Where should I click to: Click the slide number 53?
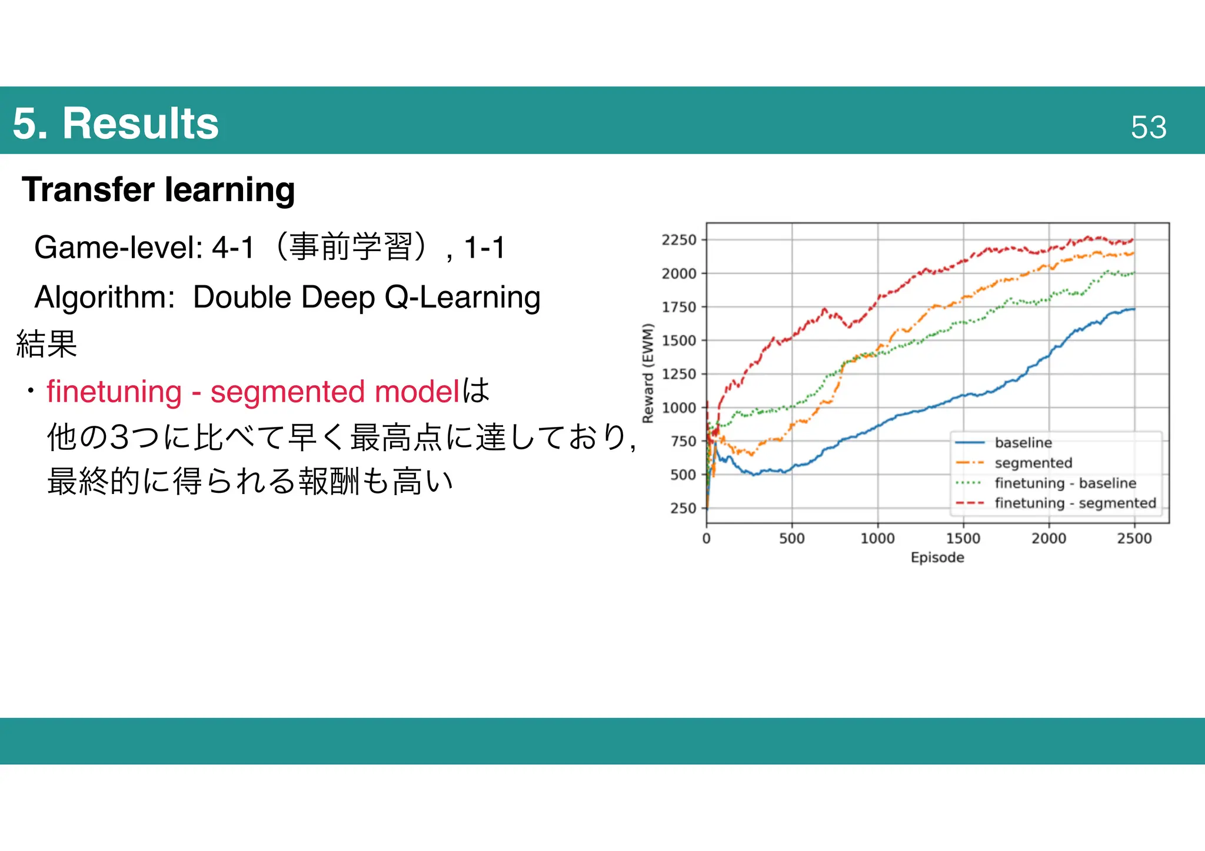pos(1148,127)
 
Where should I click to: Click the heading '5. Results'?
pos(115,124)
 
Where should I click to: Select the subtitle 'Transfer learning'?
pos(158,189)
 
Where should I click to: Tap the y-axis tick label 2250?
pos(679,240)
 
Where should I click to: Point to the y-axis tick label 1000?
pos(679,408)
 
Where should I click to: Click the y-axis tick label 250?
pos(683,508)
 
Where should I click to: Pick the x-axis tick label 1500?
pos(963,538)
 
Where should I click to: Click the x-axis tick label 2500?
pos(1134,538)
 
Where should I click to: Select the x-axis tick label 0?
pos(706,538)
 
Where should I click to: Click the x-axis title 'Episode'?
pos(937,558)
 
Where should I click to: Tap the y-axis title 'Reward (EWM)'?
pos(648,373)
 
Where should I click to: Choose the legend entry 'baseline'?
pos(1023,443)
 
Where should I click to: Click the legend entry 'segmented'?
pos(1033,463)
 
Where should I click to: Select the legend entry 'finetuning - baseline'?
pos(1065,483)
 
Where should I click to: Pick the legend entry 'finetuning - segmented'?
pos(1075,503)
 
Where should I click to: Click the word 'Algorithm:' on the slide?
pos(105,297)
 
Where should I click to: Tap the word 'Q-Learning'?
pos(462,297)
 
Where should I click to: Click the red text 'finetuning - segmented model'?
pos(253,392)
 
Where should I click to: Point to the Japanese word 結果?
pos(47,344)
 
